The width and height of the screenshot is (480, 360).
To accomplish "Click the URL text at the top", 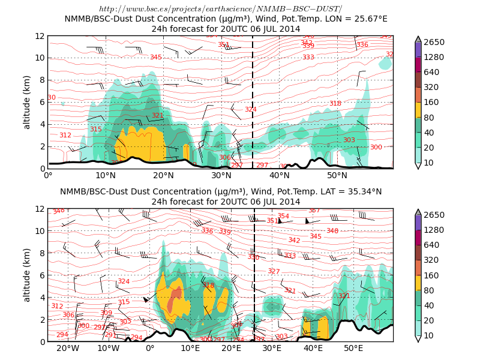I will point(220,8).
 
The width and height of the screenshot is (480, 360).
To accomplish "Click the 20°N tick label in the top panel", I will point(164,175).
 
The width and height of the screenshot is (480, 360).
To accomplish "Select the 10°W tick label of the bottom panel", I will point(109,348).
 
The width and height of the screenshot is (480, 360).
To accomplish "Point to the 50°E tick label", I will point(353,348).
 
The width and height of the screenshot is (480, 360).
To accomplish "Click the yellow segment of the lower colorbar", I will point(418,283).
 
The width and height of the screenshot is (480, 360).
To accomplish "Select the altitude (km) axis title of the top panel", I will point(27,102).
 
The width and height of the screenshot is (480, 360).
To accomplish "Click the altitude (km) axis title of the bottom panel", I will point(27,275).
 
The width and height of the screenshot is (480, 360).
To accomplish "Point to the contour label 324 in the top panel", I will point(251,109).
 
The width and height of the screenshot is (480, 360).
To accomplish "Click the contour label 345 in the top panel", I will point(156,58).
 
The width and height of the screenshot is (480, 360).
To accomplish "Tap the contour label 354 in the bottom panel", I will point(283,216).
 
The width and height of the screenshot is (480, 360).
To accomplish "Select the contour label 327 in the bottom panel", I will point(274,272).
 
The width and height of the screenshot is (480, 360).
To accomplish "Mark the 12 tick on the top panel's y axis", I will point(40,36).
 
